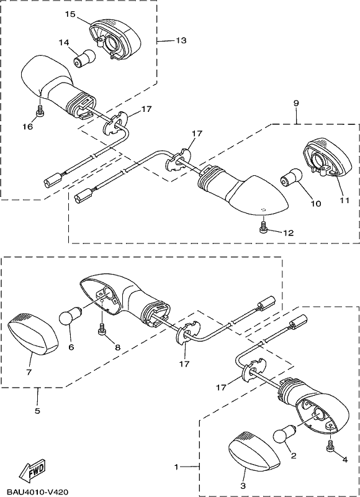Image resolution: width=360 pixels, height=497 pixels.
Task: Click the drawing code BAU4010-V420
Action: pyautogui.click(x=38, y=492)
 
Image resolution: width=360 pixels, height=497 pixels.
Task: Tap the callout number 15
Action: pyautogui.click(x=71, y=14)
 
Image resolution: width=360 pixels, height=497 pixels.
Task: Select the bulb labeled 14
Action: pyautogui.click(x=84, y=58)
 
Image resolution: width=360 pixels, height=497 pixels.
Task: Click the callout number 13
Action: pyautogui.click(x=181, y=40)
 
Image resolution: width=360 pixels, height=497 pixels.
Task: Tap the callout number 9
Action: pyautogui.click(x=296, y=103)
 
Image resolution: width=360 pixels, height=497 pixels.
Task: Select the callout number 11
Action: pyautogui.click(x=344, y=200)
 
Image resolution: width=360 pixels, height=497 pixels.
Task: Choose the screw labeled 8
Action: pyautogui.click(x=102, y=329)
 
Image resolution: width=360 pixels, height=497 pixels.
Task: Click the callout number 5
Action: pyautogui.click(x=37, y=411)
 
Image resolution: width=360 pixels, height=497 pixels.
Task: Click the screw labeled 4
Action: pyautogui.click(x=330, y=445)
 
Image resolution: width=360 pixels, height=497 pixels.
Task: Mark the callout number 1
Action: pyautogui.click(x=176, y=467)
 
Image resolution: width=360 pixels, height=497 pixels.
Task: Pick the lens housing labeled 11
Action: pyautogui.click(x=327, y=157)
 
